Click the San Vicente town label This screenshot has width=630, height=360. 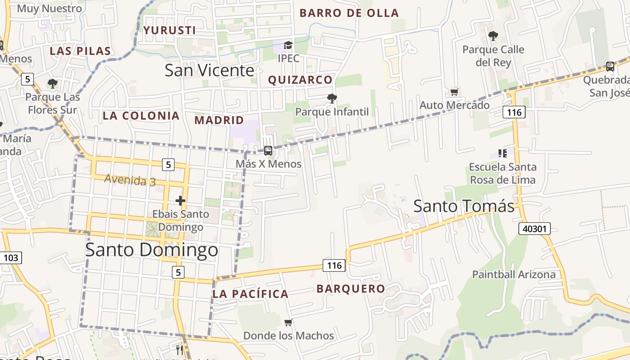click(x=209, y=71)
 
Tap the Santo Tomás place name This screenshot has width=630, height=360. click(x=463, y=206)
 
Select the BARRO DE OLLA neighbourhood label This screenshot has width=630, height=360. click(x=349, y=13)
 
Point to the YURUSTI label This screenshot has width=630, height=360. click(x=170, y=31)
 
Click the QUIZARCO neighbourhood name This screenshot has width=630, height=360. click(x=300, y=80)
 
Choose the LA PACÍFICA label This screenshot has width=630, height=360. click(x=250, y=294)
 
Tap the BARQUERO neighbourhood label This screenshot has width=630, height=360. click(x=351, y=289)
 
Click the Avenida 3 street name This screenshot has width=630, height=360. click(x=130, y=180)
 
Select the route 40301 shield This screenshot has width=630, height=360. click(x=535, y=229)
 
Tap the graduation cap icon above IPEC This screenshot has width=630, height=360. click(x=288, y=45)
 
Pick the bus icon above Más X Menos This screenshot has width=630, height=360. click(x=268, y=151)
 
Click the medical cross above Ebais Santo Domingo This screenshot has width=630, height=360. click(x=180, y=201)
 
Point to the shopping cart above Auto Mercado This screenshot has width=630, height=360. click(x=454, y=92)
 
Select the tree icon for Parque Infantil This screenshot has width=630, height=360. click(x=332, y=98)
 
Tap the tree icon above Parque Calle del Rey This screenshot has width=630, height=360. click(x=493, y=36)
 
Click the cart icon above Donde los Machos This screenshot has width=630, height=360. click(x=288, y=323)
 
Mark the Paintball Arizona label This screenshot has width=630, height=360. click(x=513, y=274)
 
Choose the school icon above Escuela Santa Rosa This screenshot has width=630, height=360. click(x=503, y=153)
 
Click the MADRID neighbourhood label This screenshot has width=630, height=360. click(x=219, y=121)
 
